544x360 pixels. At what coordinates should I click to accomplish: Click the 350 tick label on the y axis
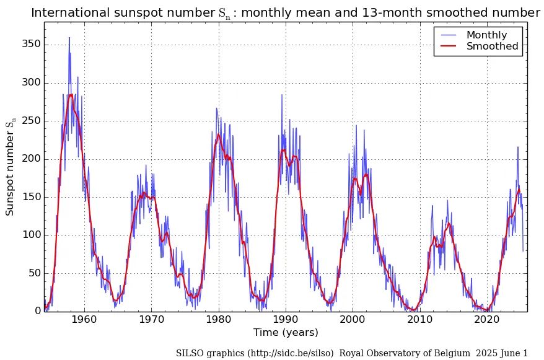point(32,45)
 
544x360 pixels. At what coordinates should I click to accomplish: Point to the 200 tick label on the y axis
point(32,159)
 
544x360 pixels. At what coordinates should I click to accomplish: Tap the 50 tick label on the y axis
point(34,273)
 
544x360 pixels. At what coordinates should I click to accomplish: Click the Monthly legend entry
point(486,35)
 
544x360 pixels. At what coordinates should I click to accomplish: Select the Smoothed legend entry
point(492,46)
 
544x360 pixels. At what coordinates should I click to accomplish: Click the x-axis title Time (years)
point(286,333)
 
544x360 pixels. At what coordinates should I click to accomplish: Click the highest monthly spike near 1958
point(69,38)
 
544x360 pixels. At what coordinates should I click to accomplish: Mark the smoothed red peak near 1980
point(218,134)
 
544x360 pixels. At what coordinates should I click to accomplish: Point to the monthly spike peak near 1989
point(282,95)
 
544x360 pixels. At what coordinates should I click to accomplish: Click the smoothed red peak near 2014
point(449,224)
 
